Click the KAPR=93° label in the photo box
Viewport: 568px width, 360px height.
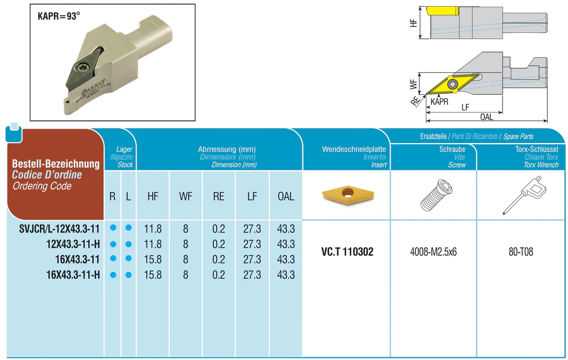tap(59, 16)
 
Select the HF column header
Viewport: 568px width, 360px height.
tap(153, 196)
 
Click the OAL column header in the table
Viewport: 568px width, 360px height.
tap(286, 196)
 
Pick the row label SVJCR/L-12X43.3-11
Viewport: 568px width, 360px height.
tap(59, 229)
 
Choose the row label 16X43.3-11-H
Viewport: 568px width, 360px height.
tap(73, 275)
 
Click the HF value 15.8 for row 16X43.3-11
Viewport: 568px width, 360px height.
tap(153, 259)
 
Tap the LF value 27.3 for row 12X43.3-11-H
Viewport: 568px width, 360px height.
tap(252, 244)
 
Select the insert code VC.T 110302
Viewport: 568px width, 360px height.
tap(347, 252)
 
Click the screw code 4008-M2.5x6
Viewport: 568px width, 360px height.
tap(433, 252)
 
